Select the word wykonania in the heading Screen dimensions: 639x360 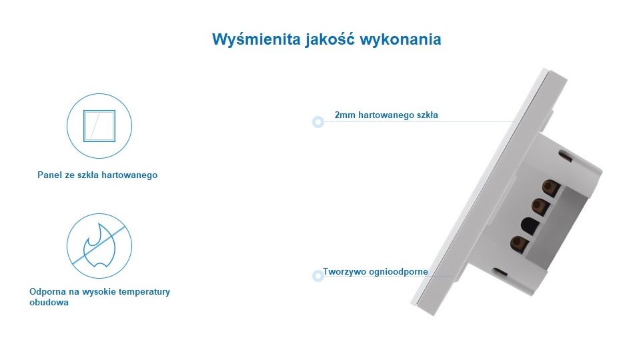click(x=400, y=39)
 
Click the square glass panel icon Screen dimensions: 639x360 click(x=99, y=126)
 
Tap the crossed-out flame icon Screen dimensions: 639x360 click(x=99, y=246)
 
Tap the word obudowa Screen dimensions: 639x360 click(x=49, y=302)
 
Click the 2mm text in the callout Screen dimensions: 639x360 click(x=345, y=115)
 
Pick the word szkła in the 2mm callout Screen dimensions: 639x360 click(x=427, y=115)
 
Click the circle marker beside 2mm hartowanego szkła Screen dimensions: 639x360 click(x=318, y=122)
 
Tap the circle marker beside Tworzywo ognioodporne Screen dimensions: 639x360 click(x=318, y=276)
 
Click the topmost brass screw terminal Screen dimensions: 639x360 click(x=551, y=188)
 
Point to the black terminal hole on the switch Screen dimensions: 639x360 click(x=530, y=225)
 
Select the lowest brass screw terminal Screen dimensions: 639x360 click(x=519, y=244)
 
